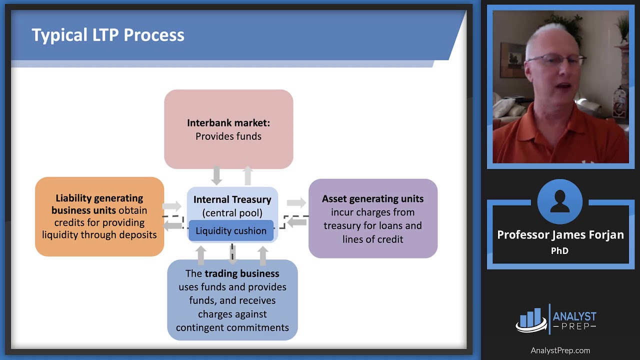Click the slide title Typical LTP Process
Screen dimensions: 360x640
[x=108, y=35]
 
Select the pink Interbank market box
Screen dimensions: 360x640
[x=228, y=150]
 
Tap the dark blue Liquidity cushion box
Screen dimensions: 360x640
[x=231, y=231]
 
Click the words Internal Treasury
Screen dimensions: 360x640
[x=232, y=199]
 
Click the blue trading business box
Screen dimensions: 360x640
[x=232, y=300]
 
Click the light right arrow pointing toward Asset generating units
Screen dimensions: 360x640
[x=296, y=202]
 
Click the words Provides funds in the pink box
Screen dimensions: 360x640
[x=228, y=136]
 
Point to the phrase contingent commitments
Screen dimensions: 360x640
[x=232, y=328]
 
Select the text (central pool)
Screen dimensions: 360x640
[x=232, y=213]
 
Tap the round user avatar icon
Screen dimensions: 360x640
[x=560, y=202]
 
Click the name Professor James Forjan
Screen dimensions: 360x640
[x=560, y=235]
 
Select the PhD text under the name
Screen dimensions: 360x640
[x=559, y=251]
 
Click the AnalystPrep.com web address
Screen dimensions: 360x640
[x=560, y=350]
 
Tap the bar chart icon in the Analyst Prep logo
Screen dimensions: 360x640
[x=530, y=318]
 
